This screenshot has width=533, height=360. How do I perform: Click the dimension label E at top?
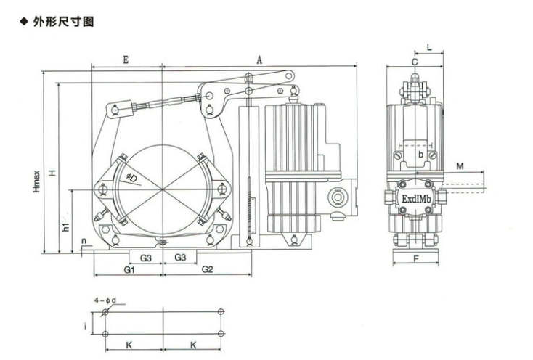126,60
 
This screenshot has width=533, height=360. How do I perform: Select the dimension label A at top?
259,60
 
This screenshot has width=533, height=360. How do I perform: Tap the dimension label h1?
65,226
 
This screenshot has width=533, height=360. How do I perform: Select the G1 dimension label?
128,270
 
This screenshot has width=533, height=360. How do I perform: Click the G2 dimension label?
207,270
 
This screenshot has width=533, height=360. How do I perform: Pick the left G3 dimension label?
146,258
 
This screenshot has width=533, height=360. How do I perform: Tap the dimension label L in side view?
430,48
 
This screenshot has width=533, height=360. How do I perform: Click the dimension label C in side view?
414,62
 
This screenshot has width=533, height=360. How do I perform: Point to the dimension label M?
460,167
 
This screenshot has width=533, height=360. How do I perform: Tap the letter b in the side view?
420,155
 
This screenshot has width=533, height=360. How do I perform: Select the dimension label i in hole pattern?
86,327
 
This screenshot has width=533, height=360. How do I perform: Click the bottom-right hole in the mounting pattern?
221,334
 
